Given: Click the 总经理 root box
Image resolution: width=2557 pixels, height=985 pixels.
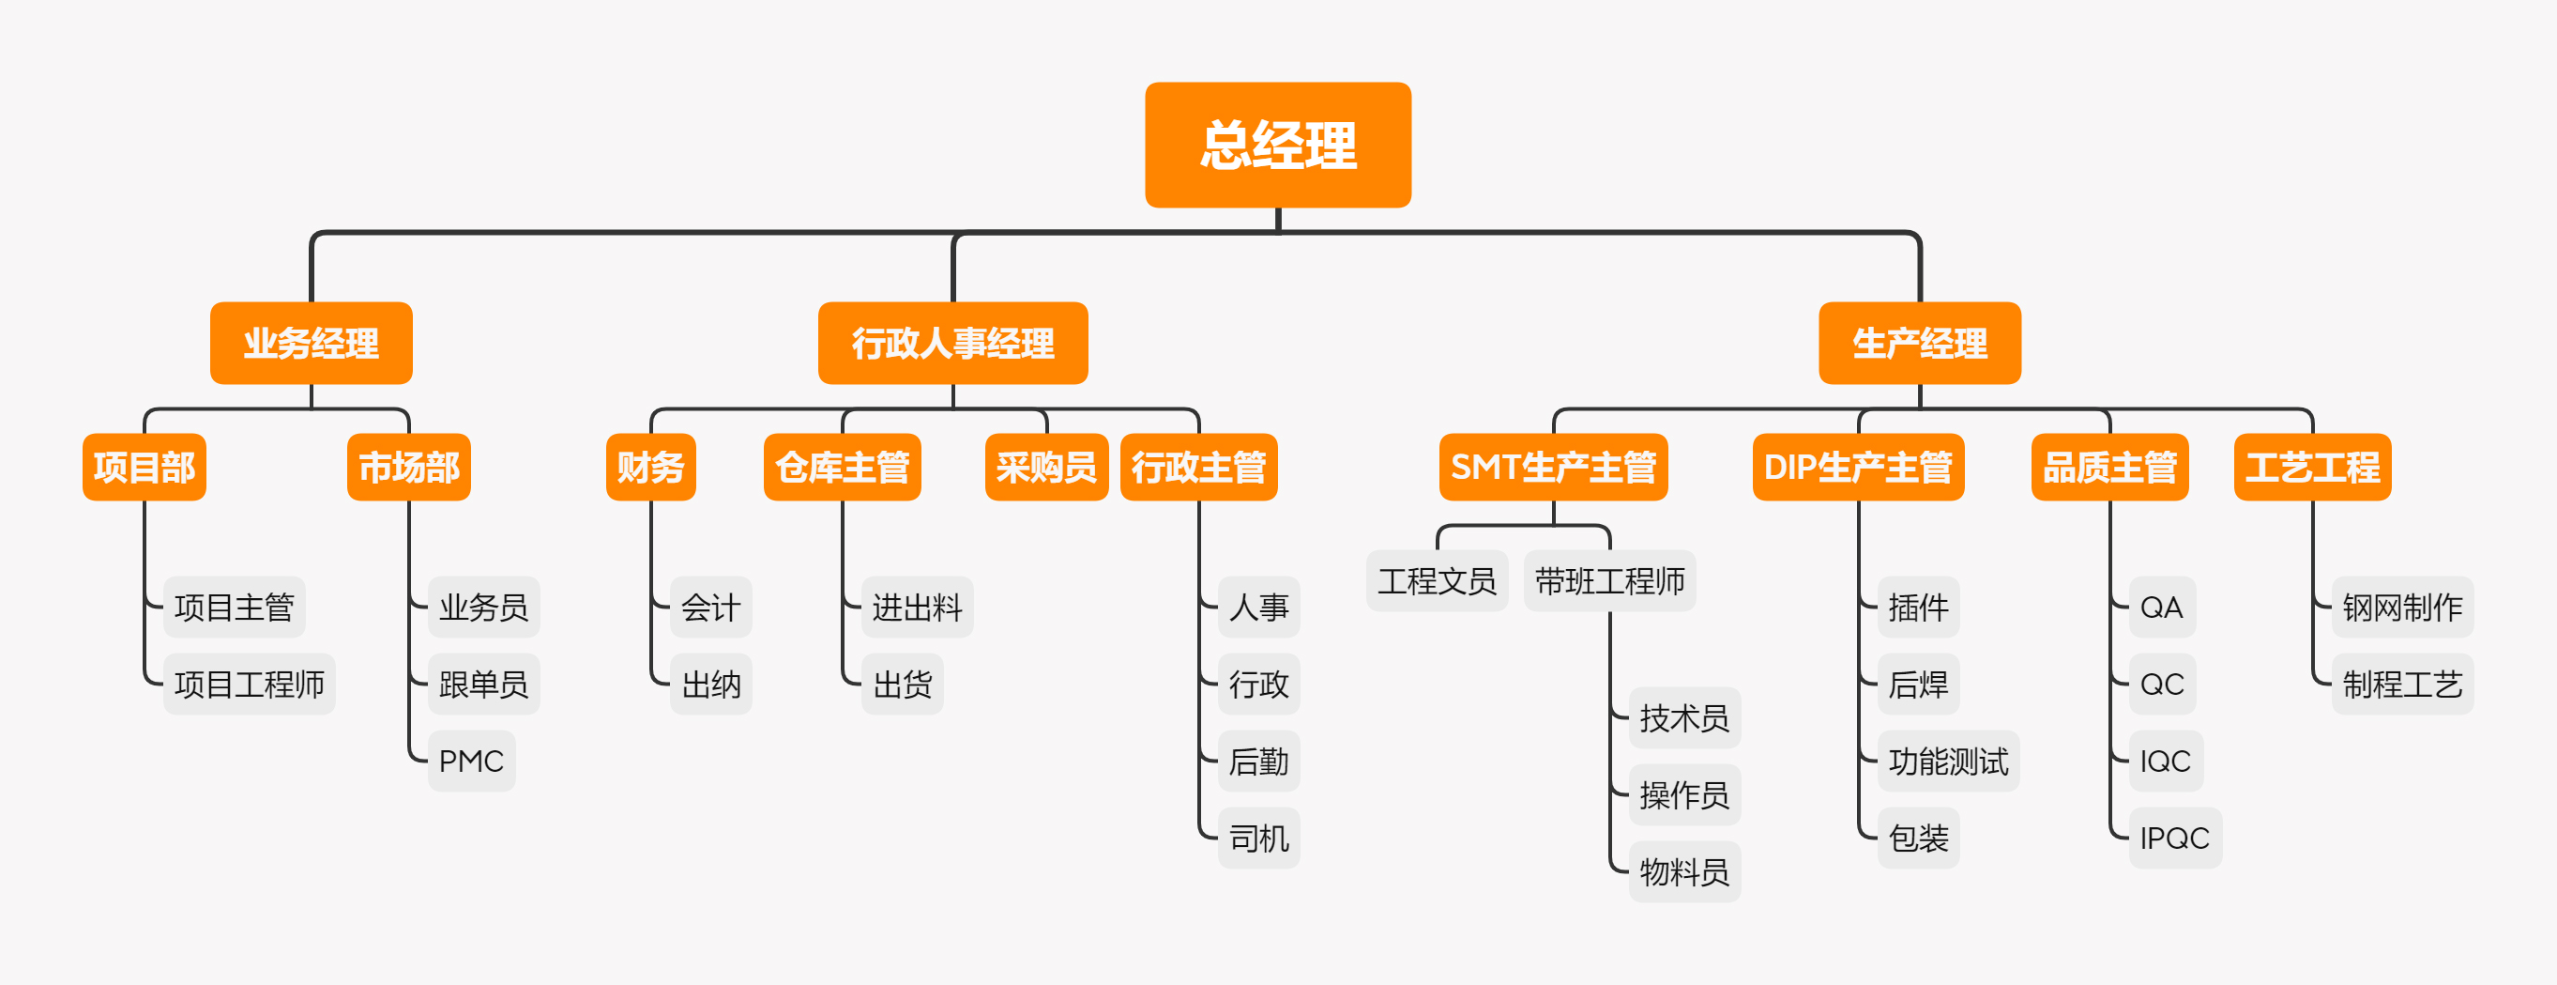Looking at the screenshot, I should (x=1277, y=145).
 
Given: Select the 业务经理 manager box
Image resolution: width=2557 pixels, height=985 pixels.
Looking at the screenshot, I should (x=311, y=344).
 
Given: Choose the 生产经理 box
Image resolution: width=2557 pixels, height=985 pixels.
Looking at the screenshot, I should (x=1919, y=344).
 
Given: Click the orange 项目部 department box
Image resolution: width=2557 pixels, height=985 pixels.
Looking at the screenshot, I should (x=144, y=467).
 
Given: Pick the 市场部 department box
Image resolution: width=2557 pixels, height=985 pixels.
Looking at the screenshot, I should (x=408, y=467).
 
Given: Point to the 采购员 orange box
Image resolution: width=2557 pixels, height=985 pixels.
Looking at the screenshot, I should (x=1045, y=467).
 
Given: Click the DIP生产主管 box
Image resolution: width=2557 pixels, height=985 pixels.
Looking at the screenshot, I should (x=1857, y=467).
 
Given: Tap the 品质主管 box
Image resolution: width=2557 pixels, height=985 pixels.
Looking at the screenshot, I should (x=2109, y=467).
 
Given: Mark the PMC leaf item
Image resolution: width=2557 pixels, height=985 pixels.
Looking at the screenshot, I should (x=470, y=762).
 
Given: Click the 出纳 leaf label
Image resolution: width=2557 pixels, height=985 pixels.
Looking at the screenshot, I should (x=710, y=685).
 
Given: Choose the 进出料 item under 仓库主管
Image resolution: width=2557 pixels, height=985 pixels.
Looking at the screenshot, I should (x=916, y=607).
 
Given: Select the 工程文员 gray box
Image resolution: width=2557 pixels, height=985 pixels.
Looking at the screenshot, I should (x=1437, y=581).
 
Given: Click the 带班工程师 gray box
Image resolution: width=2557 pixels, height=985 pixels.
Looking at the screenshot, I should (x=1609, y=581).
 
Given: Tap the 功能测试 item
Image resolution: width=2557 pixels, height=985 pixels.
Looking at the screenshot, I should (x=1947, y=762).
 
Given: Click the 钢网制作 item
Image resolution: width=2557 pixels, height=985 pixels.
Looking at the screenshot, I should (x=2401, y=607).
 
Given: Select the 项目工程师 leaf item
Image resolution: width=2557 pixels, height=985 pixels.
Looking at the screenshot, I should (x=250, y=685).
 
